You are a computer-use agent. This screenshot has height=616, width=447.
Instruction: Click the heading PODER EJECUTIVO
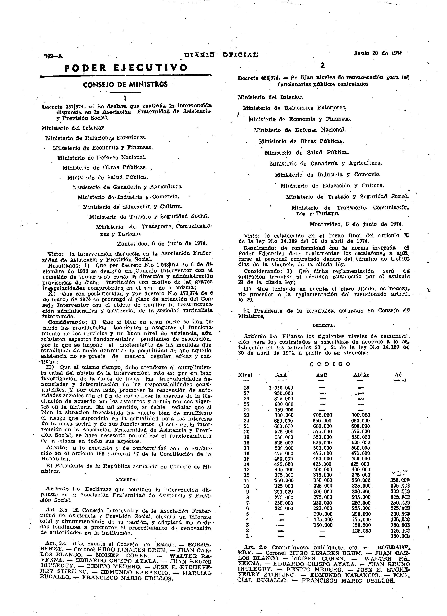click(x=126, y=67)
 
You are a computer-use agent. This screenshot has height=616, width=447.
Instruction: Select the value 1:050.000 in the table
click(x=281, y=388)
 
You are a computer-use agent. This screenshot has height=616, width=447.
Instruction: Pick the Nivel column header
click(x=245, y=375)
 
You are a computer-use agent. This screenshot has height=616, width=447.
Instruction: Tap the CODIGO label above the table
click(x=330, y=364)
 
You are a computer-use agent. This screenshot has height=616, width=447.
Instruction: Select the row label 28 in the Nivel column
click(x=247, y=388)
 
